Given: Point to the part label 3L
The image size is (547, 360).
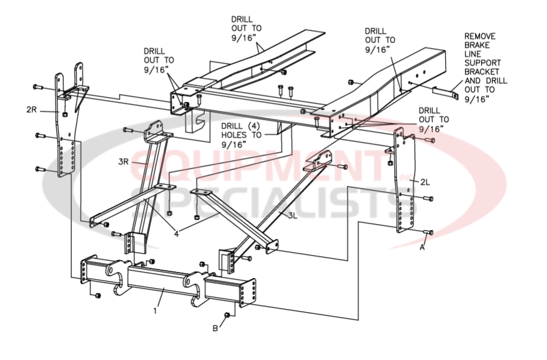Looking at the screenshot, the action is (x=292, y=214).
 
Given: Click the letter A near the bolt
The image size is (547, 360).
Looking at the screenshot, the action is (x=423, y=247).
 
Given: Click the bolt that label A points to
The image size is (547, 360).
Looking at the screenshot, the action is (x=428, y=232).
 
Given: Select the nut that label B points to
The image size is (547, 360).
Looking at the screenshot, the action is (x=226, y=315).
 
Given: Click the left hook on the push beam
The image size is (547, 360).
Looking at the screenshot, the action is (x=117, y=276).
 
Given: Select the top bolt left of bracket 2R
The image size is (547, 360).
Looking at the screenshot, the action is (x=38, y=87).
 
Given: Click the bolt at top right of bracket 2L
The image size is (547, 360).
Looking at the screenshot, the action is (x=430, y=140).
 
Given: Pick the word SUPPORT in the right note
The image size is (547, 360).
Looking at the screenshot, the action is (x=483, y=62).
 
